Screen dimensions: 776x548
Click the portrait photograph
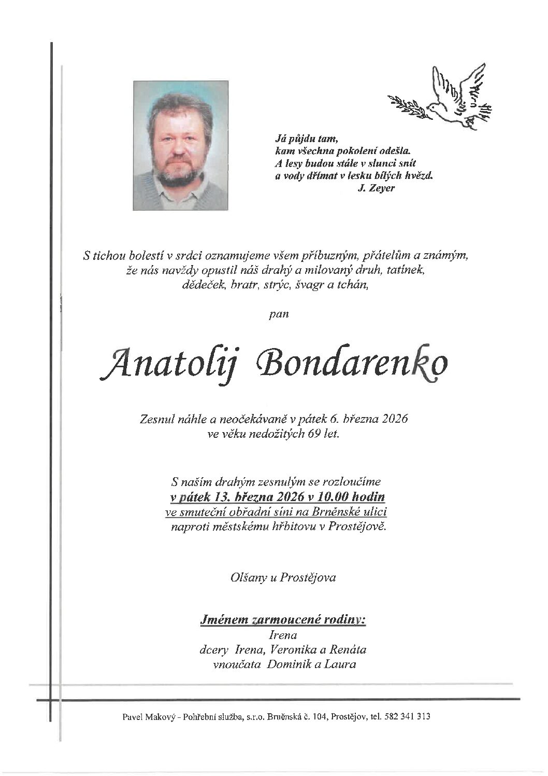[181, 145]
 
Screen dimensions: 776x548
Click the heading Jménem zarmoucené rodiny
[283, 619]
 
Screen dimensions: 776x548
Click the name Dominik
[286, 664]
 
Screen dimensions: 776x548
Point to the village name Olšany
[247, 577]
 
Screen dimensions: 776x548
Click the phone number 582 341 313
[407, 717]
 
